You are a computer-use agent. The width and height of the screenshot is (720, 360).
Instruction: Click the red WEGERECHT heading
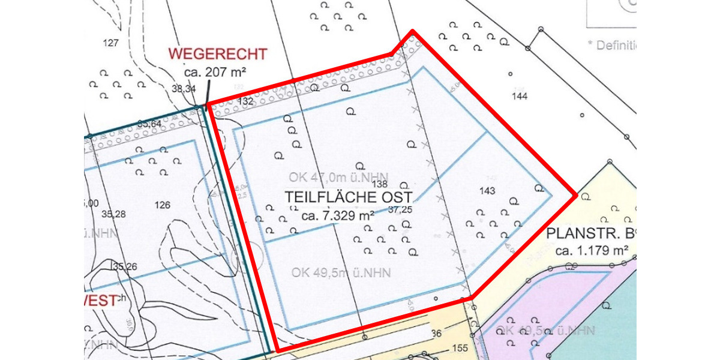tap(217, 53)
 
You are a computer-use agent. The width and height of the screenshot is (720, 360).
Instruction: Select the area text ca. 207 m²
tap(216, 72)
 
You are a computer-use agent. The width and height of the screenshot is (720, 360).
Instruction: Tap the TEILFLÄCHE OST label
tap(348, 197)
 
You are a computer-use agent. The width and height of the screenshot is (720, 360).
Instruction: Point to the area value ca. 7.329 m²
tap(338, 215)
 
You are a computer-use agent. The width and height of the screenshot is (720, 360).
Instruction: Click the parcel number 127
tap(111, 43)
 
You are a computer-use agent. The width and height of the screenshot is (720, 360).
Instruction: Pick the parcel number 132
tap(245, 101)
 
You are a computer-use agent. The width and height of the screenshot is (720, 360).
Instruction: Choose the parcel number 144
tap(520, 95)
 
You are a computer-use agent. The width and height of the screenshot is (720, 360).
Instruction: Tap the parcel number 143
tap(488, 191)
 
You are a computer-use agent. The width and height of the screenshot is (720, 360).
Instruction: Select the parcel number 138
tap(380, 185)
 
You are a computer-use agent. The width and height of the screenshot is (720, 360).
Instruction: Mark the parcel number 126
tap(162, 205)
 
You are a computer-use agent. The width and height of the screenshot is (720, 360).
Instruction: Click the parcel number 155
tap(460, 347)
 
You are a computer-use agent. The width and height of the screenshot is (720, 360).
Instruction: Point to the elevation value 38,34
tap(184, 89)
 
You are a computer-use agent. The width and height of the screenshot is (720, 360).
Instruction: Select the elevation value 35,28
tap(114, 214)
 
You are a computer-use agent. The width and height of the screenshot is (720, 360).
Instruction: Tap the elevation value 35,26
tap(124, 266)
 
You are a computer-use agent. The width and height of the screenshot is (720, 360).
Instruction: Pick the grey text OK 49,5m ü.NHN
tap(341, 273)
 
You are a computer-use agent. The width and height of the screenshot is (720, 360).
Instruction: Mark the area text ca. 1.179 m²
tap(592, 250)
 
